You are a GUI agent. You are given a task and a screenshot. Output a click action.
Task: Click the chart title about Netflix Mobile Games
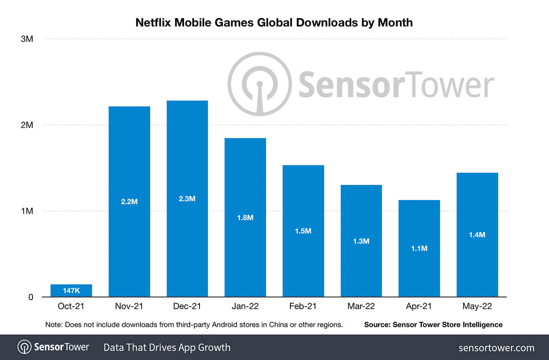point(274,23)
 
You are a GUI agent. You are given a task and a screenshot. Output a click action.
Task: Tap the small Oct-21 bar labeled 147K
point(71,290)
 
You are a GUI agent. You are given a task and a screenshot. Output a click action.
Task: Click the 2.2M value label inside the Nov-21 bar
point(129,202)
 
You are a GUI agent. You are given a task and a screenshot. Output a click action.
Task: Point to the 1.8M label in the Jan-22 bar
point(245,218)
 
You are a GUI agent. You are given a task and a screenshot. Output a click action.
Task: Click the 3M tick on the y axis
point(27,39)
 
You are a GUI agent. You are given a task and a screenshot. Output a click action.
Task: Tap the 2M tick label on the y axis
point(27,125)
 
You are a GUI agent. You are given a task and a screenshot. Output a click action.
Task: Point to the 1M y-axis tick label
point(27,211)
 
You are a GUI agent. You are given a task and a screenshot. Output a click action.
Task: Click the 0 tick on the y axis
point(31,297)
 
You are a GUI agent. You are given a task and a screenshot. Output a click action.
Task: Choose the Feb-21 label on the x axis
point(303,306)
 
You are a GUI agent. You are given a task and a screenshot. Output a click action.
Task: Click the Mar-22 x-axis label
point(361,306)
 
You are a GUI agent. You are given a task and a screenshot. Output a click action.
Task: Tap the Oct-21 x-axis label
point(71,306)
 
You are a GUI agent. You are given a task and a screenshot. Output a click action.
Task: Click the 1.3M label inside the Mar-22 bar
point(361,241)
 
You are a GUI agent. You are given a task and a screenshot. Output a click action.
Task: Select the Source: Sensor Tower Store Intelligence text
point(433,325)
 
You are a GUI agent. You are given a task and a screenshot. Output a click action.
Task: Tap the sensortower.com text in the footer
point(496,348)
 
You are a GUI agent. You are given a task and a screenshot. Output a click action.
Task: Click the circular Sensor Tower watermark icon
point(260,84)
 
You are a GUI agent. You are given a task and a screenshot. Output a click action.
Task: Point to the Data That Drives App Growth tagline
point(167,347)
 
